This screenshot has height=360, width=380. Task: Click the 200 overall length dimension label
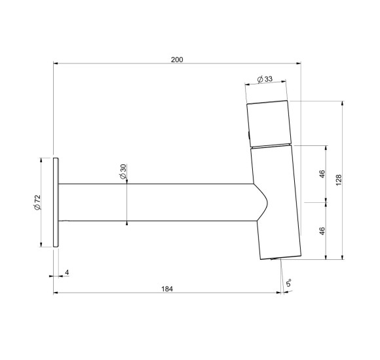[x=177, y=60]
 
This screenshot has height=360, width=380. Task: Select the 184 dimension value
[x=167, y=289]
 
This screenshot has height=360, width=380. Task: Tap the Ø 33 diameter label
[x=265, y=79]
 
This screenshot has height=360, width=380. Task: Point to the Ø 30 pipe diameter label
[x=123, y=171]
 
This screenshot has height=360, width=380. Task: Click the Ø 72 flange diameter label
[x=37, y=202]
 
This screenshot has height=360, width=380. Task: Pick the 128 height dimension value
[x=339, y=180]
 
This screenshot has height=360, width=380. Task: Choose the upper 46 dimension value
[x=322, y=174]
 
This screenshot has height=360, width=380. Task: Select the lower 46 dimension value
[x=322, y=230]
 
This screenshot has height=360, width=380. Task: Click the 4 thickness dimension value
[x=67, y=272]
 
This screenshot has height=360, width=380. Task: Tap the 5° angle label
[x=288, y=283]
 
